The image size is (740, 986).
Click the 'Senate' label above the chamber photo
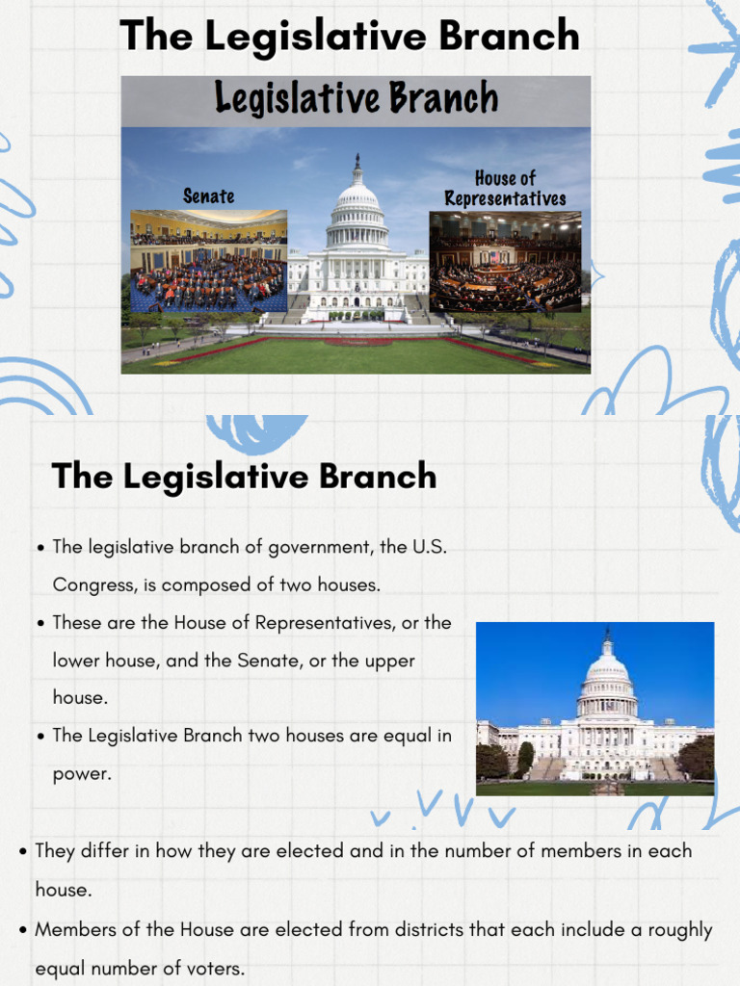coord(209,196)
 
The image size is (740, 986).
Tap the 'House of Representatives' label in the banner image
coord(505,189)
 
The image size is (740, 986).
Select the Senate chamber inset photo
coord(209,261)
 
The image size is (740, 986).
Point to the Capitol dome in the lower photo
coord(607,674)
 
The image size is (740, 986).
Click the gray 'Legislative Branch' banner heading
coord(356,99)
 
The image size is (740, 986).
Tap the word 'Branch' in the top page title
coord(509,37)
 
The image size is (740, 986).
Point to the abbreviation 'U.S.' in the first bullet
coord(430,547)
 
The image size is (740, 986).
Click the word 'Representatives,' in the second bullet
coord(325,623)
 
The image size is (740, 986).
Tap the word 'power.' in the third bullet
coord(82,773)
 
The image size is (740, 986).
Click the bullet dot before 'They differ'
coord(22,852)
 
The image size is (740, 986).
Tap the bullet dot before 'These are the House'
coord(40,624)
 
